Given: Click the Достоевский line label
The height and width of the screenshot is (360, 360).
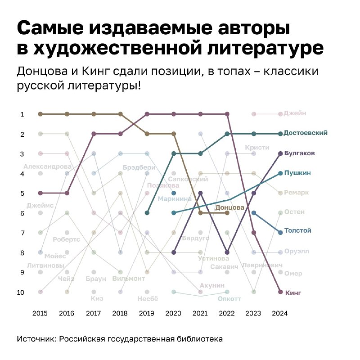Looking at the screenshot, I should [305, 133].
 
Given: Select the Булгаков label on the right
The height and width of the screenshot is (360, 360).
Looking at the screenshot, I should [299, 153].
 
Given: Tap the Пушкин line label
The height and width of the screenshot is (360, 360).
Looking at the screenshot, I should [297, 173].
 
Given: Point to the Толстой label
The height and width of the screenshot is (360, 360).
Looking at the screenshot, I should [297, 231].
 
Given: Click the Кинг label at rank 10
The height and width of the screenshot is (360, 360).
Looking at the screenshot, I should [293, 293].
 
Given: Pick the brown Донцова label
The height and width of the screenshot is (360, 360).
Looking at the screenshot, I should [229, 207].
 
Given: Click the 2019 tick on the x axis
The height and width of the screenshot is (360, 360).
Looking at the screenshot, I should [147, 314].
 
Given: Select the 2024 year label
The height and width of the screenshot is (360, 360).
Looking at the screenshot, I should [280, 314].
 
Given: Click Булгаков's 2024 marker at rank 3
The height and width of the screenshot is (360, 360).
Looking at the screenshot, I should [280, 153].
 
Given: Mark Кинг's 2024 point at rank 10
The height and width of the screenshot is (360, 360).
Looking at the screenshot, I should [280, 292].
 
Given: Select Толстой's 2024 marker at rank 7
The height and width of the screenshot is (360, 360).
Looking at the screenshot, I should [280, 233].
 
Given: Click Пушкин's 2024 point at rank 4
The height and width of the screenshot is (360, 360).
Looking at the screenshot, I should [280, 173].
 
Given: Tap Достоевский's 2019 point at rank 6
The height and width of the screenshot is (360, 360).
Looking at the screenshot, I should [147, 213].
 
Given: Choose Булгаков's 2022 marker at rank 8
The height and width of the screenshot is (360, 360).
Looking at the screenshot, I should [227, 252].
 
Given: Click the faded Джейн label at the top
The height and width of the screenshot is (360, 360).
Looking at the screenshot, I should [295, 113].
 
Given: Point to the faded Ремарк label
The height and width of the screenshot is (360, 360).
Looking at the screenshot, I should [296, 193].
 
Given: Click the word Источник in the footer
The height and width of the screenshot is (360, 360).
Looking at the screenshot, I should [36, 339].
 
